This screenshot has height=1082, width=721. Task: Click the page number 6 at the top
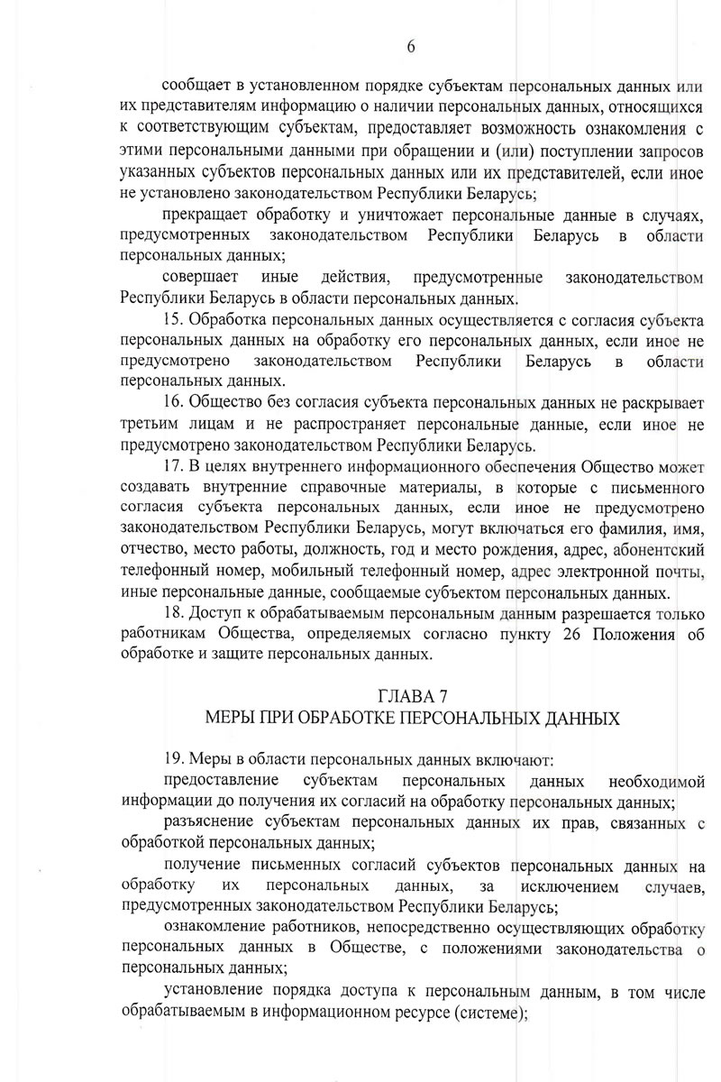[411, 46]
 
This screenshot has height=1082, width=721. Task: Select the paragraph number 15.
[173, 320]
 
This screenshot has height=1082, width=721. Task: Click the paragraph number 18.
[173, 614]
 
